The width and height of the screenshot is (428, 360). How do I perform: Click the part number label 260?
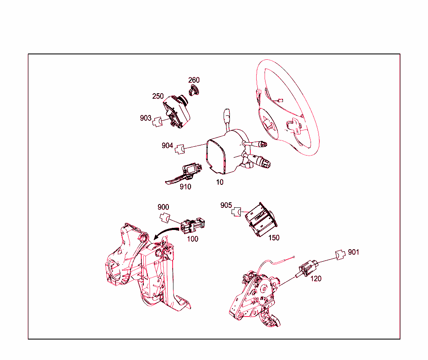[x=194, y=80]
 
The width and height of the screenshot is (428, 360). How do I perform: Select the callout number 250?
[x=158, y=96]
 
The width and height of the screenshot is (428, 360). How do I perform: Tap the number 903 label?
[x=145, y=118]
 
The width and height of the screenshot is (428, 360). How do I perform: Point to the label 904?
[x=167, y=146]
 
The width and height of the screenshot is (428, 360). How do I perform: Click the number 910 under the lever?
[x=185, y=187]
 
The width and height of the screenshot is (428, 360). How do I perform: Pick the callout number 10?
[x=220, y=182]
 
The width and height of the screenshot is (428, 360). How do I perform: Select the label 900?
[x=163, y=207]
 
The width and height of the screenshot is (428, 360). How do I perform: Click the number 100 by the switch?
[x=192, y=239]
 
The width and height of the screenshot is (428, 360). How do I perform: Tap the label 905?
[x=226, y=205]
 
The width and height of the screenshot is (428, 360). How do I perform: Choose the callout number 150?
[x=274, y=238]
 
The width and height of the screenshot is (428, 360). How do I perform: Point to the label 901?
[x=354, y=252]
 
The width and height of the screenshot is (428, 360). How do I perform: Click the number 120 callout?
[x=316, y=278]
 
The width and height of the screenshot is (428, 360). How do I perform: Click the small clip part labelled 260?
[x=194, y=90]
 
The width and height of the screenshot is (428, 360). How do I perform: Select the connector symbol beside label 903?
[x=157, y=122]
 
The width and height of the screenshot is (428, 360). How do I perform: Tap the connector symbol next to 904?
[x=180, y=149]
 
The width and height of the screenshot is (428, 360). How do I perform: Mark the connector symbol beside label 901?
[x=340, y=255]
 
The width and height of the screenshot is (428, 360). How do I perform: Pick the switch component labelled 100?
[x=192, y=225]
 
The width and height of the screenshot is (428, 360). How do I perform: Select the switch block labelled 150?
[x=261, y=220]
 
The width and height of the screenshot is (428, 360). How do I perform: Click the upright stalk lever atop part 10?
[x=227, y=120]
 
